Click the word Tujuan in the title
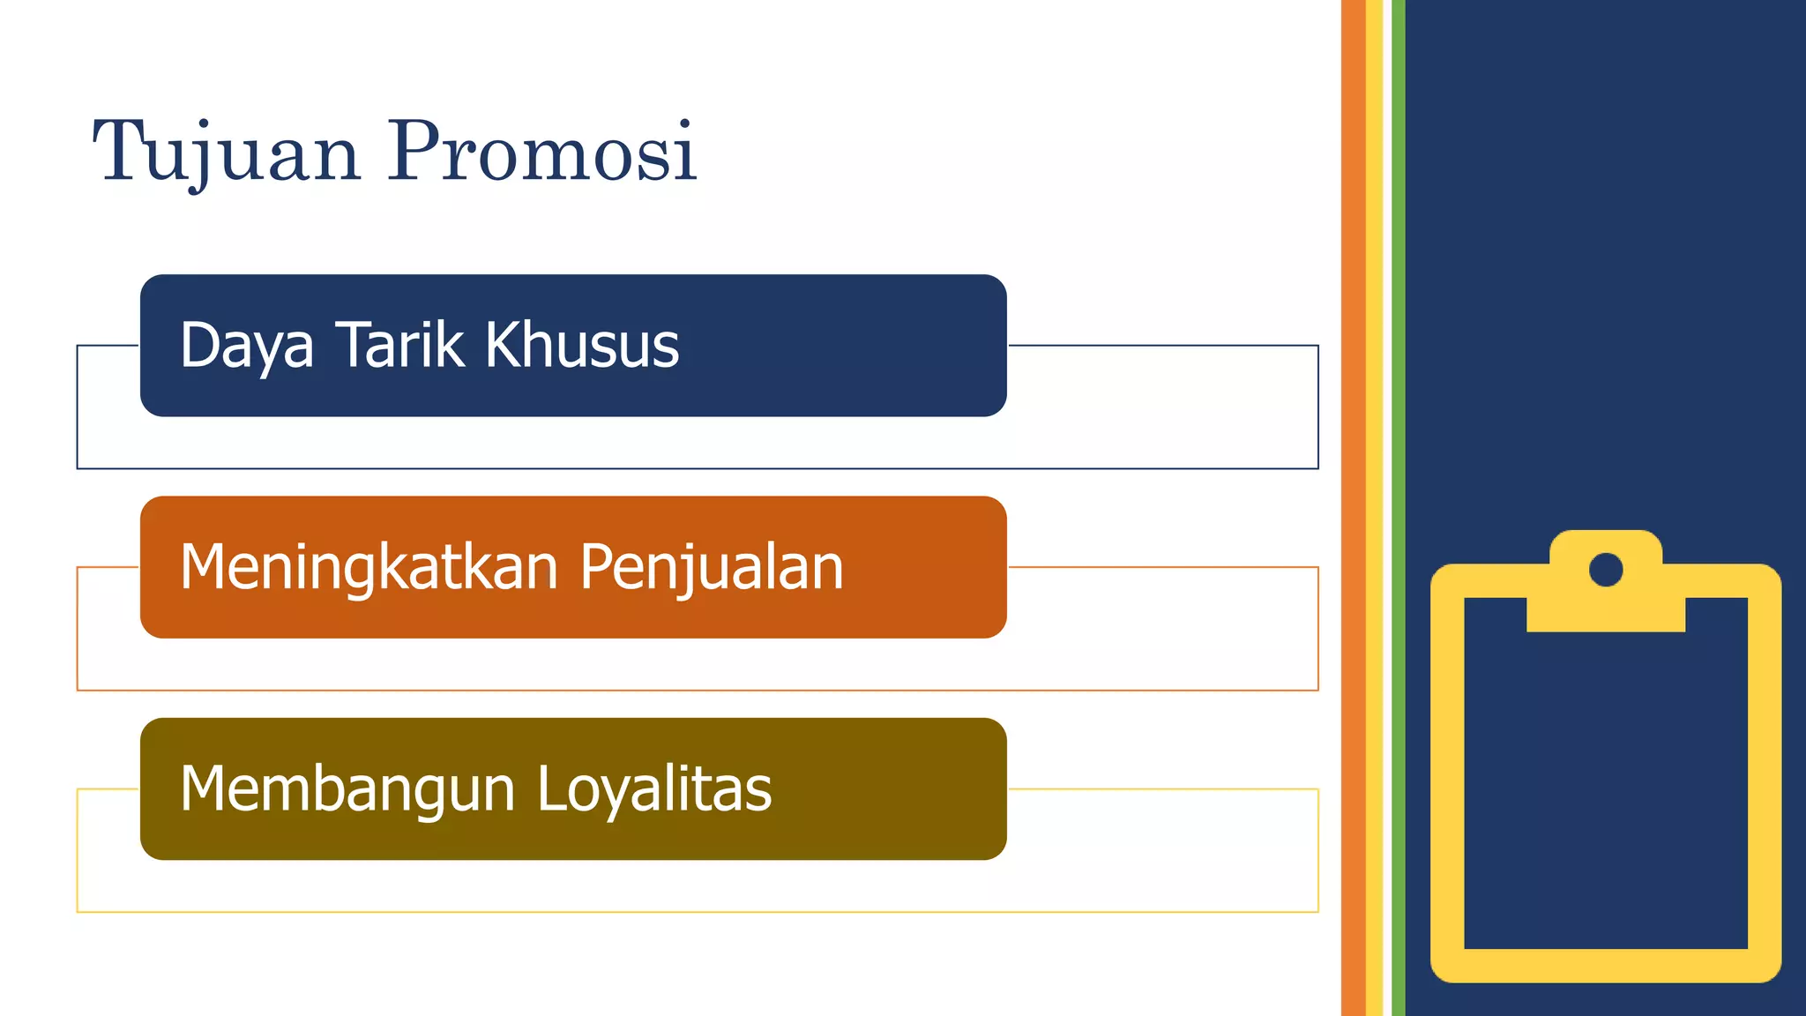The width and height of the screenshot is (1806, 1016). pos(226,152)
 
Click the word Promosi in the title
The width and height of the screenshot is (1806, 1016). pos(541,152)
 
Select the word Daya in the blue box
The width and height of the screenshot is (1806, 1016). pos(246,346)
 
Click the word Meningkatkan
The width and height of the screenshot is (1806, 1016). pos(369,567)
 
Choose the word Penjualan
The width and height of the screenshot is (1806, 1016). pos(712,567)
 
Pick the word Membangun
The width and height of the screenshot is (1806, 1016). pos(347,788)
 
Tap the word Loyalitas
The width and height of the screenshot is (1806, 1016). pos(653,788)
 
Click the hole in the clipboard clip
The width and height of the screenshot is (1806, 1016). pos(1606,570)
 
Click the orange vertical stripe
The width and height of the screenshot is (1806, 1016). pos(1353,508)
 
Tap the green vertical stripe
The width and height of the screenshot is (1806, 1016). pos(1399,508)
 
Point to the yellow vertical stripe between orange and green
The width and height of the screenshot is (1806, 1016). pos(1374,508)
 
